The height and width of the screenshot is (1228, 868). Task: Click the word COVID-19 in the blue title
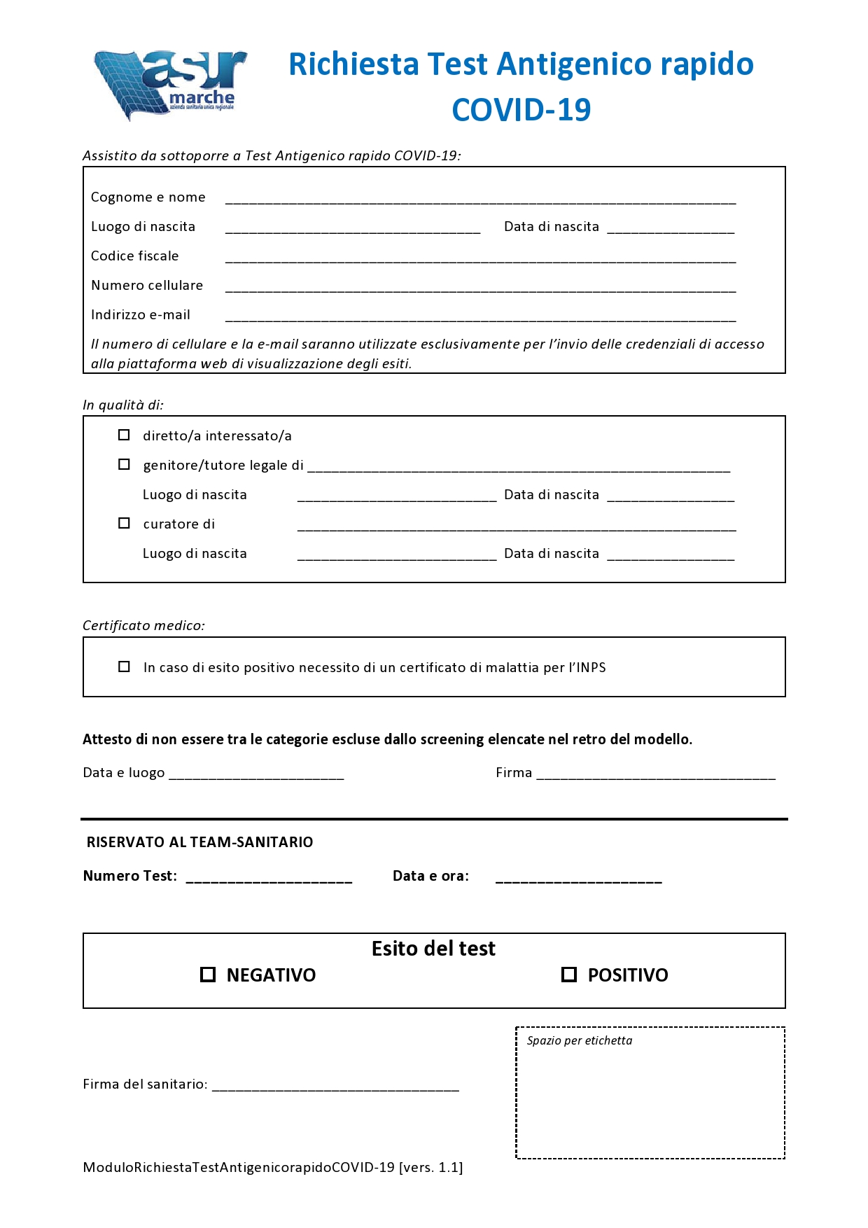pos(521,110)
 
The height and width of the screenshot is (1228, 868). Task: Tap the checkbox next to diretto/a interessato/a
pos(124,435)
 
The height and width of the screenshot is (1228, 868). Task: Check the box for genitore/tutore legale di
pos(124,464)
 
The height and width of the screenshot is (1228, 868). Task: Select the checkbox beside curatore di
pos(124,523)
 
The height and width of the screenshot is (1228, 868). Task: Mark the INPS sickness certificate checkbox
pos(124,667)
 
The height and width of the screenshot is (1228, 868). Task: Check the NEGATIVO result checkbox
pos(208,975)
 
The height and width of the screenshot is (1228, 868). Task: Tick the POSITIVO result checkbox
pos(569,975)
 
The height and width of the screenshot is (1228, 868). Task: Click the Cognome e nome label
pos(148,197)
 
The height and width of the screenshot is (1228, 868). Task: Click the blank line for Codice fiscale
pos(480,258)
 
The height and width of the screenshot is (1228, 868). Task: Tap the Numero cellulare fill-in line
pos(480,287)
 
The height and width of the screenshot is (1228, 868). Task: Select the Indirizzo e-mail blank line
pos(480,316)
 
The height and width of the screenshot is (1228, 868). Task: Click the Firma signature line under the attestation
pos(656,774)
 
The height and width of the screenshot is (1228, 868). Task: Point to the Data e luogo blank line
pos(256,774)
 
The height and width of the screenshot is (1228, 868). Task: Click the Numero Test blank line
pos(269,878)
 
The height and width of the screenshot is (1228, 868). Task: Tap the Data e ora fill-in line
pos(578,878)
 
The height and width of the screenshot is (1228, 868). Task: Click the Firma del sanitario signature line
pos(335,1086)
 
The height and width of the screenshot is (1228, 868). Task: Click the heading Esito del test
pos(433,949)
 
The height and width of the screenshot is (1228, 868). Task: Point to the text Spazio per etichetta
pos(580,1040)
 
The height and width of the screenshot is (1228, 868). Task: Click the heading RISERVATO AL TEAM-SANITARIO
pos(199,842)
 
